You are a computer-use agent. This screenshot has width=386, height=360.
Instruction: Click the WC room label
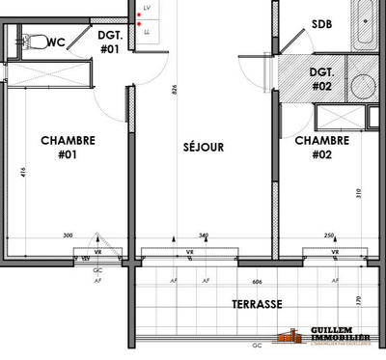(56, 42)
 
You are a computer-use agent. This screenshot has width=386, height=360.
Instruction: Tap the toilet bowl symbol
(35, 42)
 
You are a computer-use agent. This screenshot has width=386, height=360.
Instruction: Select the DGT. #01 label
(109, 42)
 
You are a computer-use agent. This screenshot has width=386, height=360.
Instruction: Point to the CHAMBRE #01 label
(68, 146)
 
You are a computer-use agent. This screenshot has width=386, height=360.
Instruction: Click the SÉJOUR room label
(204, 148)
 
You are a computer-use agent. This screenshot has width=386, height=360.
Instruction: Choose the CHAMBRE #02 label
(321, 146)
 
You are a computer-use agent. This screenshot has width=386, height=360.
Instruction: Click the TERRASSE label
(257, 303)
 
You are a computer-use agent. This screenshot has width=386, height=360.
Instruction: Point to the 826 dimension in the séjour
(175, 90)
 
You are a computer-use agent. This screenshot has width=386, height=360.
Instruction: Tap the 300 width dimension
(68, 235)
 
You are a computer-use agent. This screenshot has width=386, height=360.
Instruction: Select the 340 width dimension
(203, 235)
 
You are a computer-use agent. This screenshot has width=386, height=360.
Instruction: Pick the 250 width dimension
(329, 235)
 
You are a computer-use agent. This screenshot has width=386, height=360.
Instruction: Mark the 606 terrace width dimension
(257, 281)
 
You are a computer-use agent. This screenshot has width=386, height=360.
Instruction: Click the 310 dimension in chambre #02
(358, 193)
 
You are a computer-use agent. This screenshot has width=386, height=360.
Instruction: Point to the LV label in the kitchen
(148, 8)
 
